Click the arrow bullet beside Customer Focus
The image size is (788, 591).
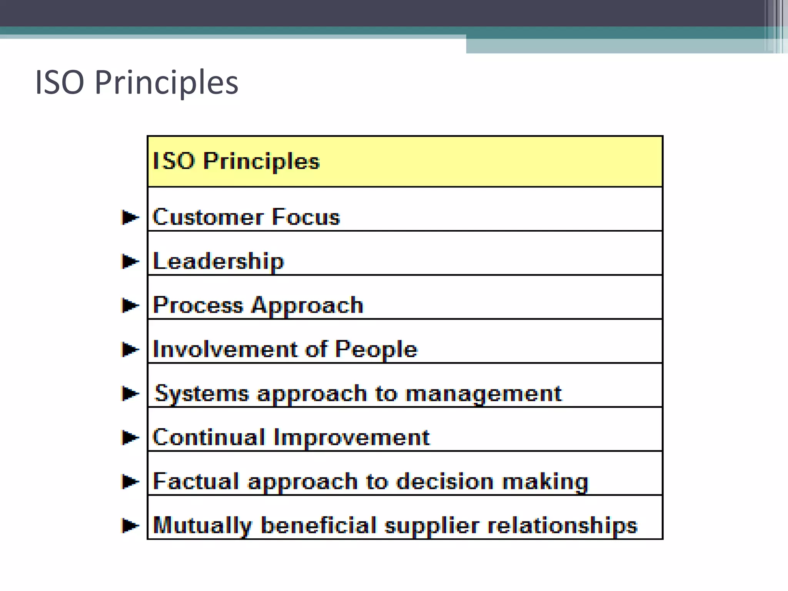(x=130, y=217)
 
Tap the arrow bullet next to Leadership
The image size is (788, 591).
(x=130, y=262)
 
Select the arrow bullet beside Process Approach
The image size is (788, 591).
(x=130, y=306)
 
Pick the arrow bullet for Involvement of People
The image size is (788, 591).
(x=130, y=349)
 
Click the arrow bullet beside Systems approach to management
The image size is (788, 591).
(x=130, y=393)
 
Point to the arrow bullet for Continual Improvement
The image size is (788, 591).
(x=130, y=437)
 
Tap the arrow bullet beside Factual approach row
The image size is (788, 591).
(x=130, y=481)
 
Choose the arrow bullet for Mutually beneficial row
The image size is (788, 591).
(x=130, y=525)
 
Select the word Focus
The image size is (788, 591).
(x=306, y=217)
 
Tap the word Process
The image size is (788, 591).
(x=198, y=306)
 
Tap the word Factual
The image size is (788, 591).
(x=196, y=481)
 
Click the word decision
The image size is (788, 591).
(x=445, y=481)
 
